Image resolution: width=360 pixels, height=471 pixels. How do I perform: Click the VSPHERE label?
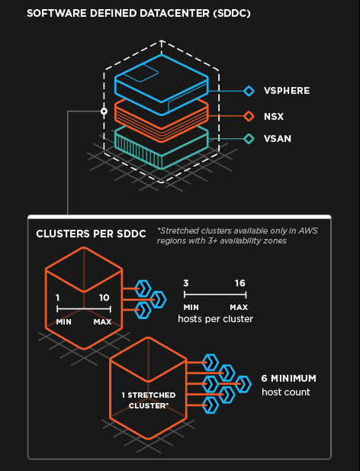pyautogui.click(x=287, y=91)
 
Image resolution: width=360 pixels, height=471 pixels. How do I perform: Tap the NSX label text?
pyautogui.click(x=274, y=116)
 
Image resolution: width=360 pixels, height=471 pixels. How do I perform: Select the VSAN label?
pyautogui.click(x=278, y=139)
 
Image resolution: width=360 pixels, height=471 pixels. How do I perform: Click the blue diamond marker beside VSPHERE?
pyautogui.click(x=249, y=91)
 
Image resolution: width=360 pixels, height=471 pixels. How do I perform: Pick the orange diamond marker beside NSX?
pyautogui.click(x=249, y=116)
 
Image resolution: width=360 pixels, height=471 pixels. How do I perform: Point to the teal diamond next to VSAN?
pyautogui.click(x=249, y=139)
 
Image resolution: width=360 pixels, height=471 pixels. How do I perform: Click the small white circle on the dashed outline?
pyautogui.click(x=104, y=111)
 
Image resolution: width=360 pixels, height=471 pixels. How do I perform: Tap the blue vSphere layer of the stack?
pyautogui.click(x=162, y=85)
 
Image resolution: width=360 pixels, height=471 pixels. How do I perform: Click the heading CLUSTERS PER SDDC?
pyautogui.click(x=91, y=234)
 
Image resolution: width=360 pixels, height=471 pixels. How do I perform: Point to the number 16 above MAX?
pyautogui.click(x=240, y=283)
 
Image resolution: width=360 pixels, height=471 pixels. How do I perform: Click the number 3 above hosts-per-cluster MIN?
pyautogui.click(x=186, y=283)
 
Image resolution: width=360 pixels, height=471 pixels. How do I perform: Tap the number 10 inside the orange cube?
pyautogui.click(x=104, y=298)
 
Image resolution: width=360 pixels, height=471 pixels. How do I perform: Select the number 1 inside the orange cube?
pyautogui.click(x=58, y=298)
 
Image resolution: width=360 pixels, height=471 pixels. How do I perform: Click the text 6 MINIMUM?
pyautogui.click(x=288, y=378)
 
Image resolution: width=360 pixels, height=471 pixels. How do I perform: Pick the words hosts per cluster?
pyautogui.click(x=215, y=318)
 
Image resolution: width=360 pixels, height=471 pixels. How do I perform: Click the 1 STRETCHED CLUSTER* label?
pyautogui.click(x=149, y=401)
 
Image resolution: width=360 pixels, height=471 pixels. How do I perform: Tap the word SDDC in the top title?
pyautogui.click(x=232, y=14)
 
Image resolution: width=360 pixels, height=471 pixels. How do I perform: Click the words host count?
pyautogui.click(x=285, y=392)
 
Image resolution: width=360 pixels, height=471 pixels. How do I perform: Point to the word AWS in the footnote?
pyautogui.click(x=308, y=231)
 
